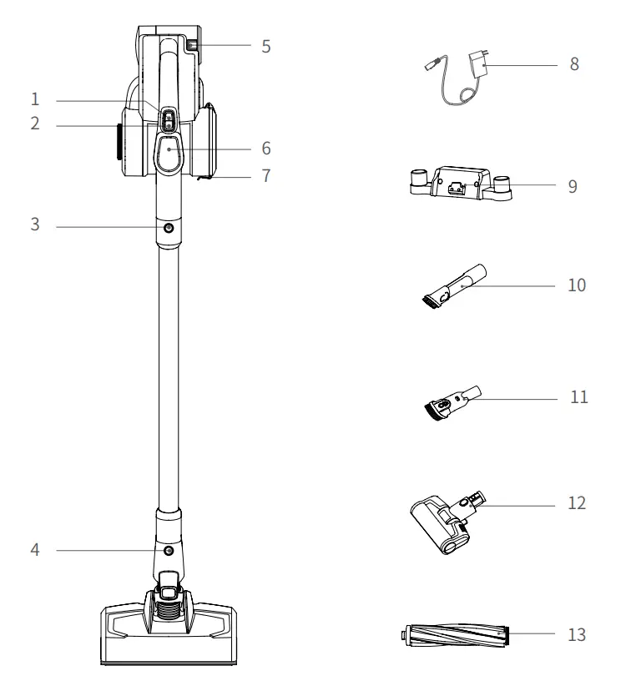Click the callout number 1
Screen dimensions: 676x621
tap(34, 99)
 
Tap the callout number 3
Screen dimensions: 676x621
tap(34, 225)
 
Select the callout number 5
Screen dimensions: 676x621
tap(265, 46)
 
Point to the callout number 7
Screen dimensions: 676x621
tap(265, 176)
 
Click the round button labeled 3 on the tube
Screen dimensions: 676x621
tap(169, 227)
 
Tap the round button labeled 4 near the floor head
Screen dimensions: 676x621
tap(169, 551)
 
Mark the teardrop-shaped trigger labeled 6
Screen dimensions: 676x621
tap(169, 151)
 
